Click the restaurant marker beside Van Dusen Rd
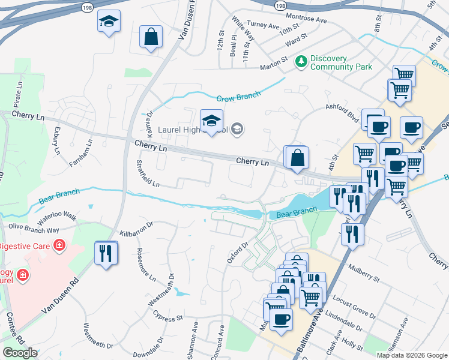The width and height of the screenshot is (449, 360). [106, 252]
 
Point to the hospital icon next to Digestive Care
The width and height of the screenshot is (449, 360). [59, 245]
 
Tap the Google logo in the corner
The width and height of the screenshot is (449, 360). [20, 353]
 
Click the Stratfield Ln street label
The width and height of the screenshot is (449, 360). [147, 174]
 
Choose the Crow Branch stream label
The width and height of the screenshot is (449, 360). [239, 96]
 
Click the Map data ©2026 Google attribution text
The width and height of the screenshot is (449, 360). [412, 355]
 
